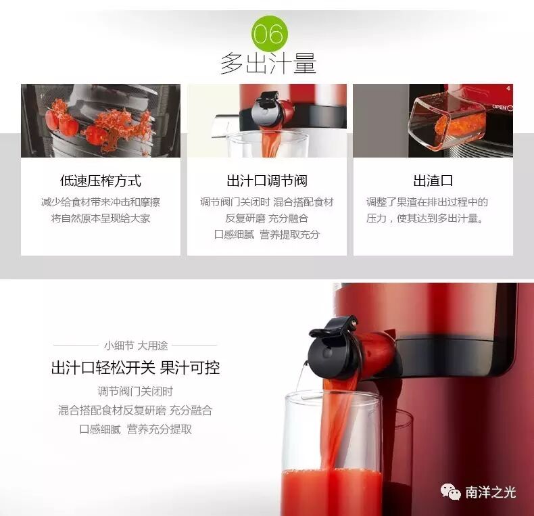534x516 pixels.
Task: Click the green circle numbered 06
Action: (x=270, y=34)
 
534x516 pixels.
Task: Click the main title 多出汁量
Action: (x=268, y=64)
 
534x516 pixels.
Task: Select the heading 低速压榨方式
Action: (x=101, y=181)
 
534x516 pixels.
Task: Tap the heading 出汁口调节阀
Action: (x=267, y=181)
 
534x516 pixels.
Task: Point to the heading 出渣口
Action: (x=433, y=181)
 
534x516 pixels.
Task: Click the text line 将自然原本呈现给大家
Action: (x=101, y=218)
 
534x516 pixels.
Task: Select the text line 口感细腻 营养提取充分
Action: (x=267, y=235)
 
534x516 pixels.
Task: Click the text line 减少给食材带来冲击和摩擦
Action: (x=101, y=202)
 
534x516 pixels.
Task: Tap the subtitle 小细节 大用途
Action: (x=136, y=346)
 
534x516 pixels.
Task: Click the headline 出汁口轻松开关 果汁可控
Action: (x=136, y=368)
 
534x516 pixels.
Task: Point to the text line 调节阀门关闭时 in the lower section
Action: (x=135, y=392)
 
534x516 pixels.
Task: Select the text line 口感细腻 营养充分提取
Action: (x=135, y=429)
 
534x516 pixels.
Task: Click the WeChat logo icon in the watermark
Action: (x=450, y=492)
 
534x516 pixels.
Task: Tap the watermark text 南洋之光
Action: (x=491, y=492)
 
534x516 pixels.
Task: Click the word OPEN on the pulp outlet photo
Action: (x=500, y=107)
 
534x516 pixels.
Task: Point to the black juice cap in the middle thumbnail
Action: (x=268, y=108)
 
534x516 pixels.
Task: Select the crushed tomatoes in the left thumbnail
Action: (x=99, y=126)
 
